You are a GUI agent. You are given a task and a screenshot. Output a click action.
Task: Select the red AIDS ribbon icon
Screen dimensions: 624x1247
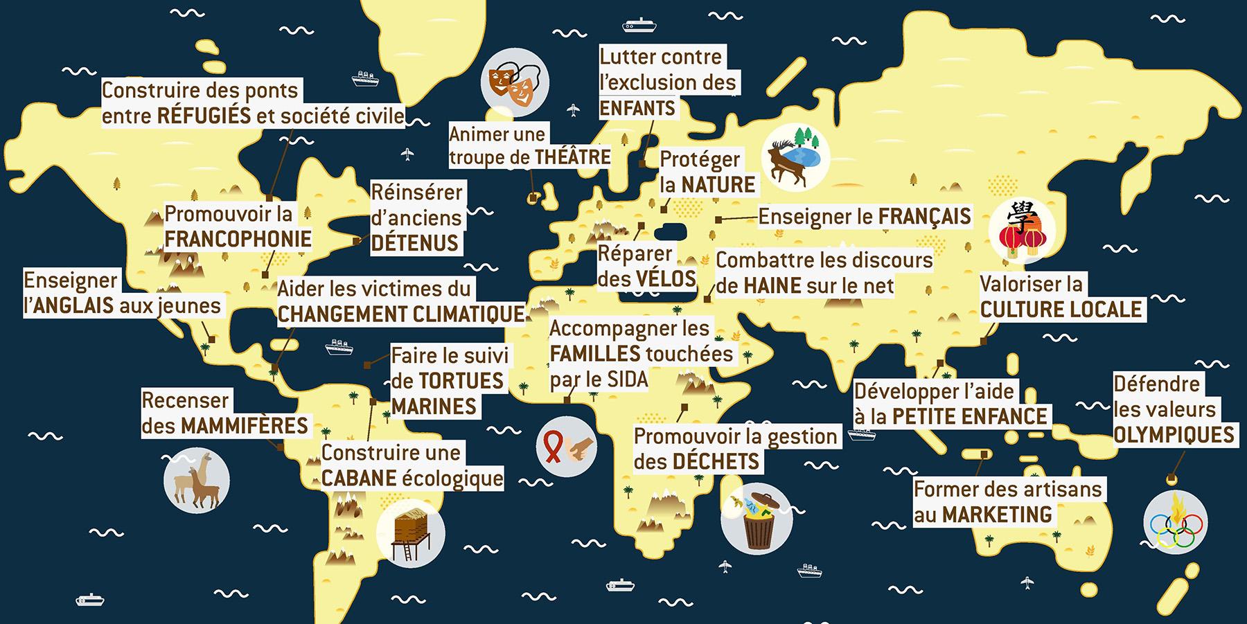click(x=566, y=449)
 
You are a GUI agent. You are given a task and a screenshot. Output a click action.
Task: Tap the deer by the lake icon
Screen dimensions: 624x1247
click(x=795, y=159)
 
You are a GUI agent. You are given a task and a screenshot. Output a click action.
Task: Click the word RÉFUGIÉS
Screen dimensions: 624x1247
click(x=204, y=116)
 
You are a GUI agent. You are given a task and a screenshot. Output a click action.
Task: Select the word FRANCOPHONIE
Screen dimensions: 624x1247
click(x=238, y=240)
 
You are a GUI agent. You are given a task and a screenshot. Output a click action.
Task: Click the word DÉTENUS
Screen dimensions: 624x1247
click(x=415, y=243)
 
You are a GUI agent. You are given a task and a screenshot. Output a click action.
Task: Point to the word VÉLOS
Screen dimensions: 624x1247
click(x=665, y=279)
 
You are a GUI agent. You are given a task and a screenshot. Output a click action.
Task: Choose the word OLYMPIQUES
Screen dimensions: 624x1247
click(x=1174, y=435)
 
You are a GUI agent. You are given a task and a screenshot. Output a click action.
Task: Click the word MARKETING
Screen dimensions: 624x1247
click(x=996, y=515)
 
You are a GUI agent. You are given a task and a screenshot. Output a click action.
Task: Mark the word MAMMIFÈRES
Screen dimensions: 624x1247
click(x=244, y=425)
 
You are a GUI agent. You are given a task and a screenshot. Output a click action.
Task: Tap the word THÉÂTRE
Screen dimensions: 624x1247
click(x=572, y=157)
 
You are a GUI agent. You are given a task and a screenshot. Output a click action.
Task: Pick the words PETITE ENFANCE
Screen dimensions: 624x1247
click(x=969, y=416)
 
